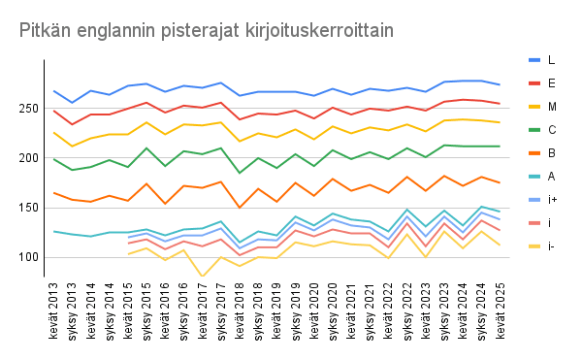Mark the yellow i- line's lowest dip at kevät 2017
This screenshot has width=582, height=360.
coord(203,277)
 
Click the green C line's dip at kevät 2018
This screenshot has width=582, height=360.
coord(240,173)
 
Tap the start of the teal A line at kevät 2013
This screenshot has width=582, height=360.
coord(55,231)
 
